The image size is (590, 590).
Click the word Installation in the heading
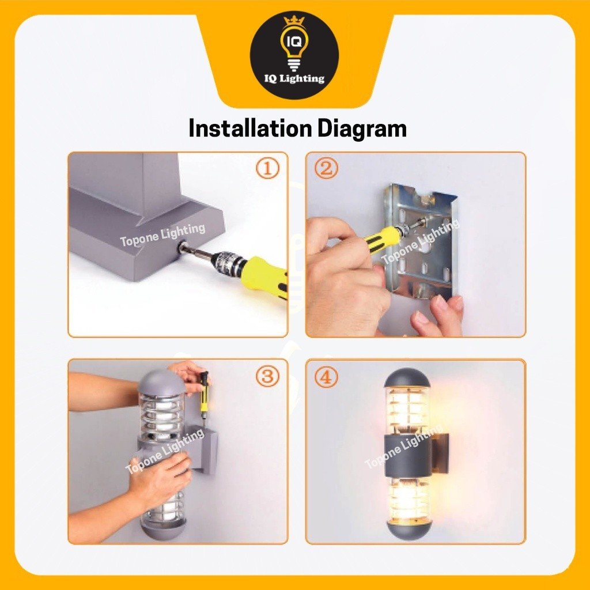[250, 128]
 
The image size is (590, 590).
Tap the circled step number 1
[268, 168]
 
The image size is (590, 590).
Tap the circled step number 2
[326, 168]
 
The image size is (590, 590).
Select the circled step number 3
[267, 376]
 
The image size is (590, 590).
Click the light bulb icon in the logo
[294, 47]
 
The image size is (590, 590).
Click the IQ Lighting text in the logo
[294, 78]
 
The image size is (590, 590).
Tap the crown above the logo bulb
[294, 20]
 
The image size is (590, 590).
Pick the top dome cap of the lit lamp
[407, 378]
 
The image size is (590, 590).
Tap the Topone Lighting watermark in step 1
[162, 235]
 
